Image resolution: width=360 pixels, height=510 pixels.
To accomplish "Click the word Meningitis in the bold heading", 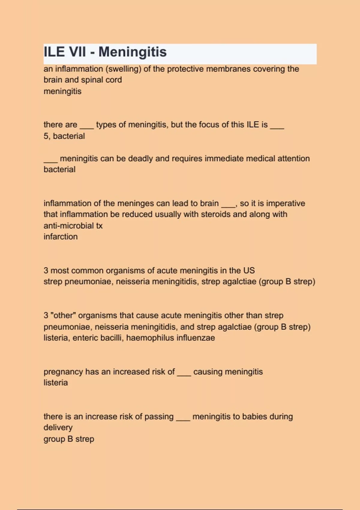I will point(132,52).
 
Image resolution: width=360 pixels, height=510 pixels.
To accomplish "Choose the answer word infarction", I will point(61,237).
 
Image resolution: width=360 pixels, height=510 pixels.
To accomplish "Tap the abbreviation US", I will point(249,271).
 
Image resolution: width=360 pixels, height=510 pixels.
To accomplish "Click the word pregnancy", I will point(63,372).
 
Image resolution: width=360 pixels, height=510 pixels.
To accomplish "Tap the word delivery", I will point(58,428).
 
